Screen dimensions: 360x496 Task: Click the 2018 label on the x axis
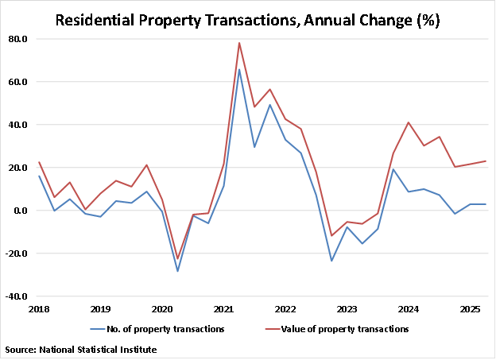tap(38, 308)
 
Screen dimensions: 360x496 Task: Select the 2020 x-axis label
tap(161, 308)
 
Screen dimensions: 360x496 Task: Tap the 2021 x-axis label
tap(223, 308)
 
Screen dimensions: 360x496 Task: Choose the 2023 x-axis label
tap(347, 308)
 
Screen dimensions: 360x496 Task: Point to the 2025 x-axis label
tap(470, 308)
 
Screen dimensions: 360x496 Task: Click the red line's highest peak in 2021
tap(239, 43)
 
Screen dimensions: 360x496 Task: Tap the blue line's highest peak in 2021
tap(239, 69)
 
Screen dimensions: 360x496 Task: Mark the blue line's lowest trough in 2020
tap(177, 271)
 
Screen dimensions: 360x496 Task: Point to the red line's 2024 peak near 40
tap(409, 122)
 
